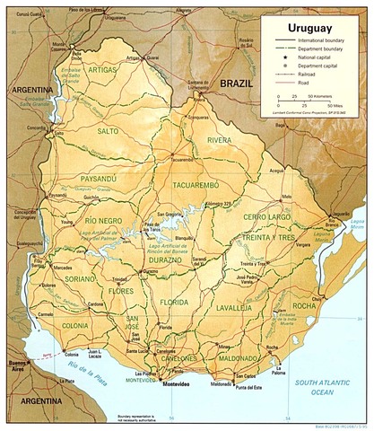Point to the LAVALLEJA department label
(x=233, y=307)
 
